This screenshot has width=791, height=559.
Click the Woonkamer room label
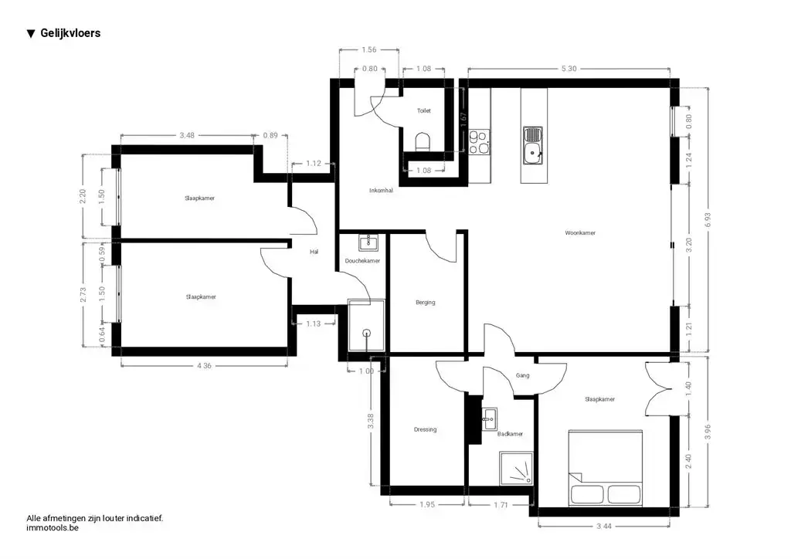click(580, 233)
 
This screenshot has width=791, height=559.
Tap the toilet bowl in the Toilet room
click(423, 141)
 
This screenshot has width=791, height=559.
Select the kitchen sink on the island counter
click(532, 146)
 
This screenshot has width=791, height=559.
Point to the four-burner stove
click(479, 141)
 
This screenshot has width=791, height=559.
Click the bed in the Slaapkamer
click(606, 468)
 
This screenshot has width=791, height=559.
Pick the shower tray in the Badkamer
click(516, 468)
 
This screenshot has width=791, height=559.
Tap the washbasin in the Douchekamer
click(368, 242)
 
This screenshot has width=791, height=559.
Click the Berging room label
click(426, 303)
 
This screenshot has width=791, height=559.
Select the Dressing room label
click(426, 429)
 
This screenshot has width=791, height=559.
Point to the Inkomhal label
click(381, 191)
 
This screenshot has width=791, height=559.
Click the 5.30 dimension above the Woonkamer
click(569, 69)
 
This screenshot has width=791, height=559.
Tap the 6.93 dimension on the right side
click(708, 220)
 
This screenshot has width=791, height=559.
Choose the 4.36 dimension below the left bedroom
click(204, 365)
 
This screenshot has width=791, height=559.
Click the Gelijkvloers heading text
click(70, 33)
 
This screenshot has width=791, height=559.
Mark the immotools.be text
click(53, 528)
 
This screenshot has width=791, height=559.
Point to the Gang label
click(523, 375)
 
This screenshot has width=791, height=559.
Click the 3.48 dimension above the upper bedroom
click(187, 135)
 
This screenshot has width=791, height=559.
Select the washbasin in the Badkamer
click(489, 419)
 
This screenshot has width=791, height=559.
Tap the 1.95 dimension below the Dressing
click(426, 504)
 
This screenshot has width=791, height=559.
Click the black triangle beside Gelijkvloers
click(31, 34)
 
